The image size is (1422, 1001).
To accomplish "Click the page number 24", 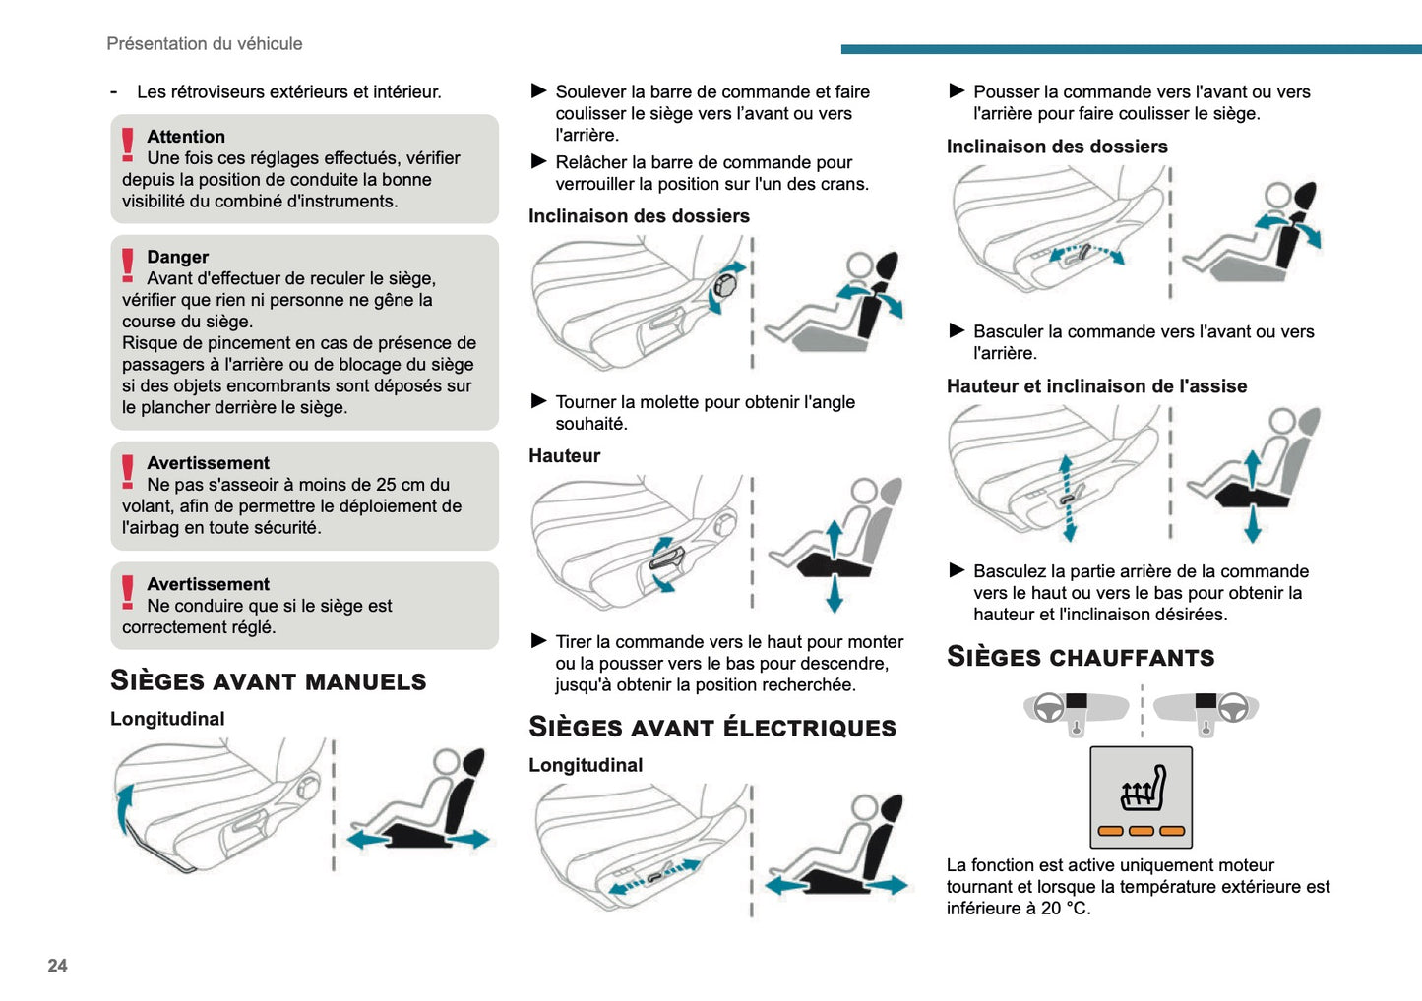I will [57, 966].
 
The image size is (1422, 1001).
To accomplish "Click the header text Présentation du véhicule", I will [204, 44].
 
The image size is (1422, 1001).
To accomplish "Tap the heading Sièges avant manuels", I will [268, 680].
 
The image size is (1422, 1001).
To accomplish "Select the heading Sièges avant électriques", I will [711, 727].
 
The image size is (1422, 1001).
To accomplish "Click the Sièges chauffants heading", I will [1080, 657].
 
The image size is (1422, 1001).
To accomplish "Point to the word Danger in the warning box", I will [177, 257].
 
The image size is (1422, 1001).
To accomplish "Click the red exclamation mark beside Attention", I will [128, 145].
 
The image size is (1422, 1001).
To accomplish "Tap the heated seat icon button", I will [1141, 796].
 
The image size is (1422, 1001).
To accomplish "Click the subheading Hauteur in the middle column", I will [564, 455].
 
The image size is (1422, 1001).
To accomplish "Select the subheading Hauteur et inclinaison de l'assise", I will [1096, 386].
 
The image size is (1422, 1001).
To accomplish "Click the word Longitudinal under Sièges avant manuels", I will [167, 719].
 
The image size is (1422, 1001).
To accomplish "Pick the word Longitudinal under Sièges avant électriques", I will [586, 765].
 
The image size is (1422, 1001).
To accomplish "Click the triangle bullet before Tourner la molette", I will [538, 401].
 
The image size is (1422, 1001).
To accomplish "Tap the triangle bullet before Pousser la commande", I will [957, 91].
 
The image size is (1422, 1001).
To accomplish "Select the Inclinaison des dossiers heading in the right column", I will [1057, 147].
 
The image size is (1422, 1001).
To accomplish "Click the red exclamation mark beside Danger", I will [128, 265].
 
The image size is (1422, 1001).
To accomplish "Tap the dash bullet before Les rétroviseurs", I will [114, 92].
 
